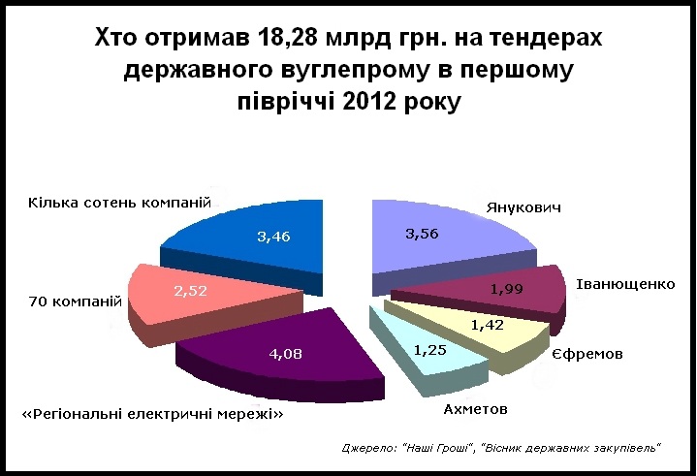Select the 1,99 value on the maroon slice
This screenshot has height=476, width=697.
[512, 288]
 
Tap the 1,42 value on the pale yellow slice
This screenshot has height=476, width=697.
[488, 326]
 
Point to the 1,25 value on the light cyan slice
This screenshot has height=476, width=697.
[428, 350]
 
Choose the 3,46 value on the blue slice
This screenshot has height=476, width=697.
[274, 236]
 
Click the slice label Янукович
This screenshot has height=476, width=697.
[523, 208]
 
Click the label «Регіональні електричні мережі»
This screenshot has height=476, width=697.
[152, 415]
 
